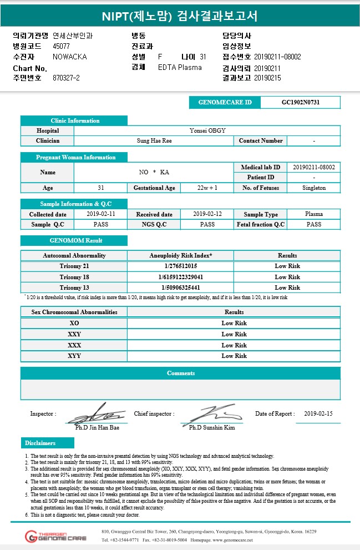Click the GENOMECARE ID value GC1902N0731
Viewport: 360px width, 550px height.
(x=300, y=103)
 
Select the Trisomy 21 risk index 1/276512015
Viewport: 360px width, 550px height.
(x=180, y=266)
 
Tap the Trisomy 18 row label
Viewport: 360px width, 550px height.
(x=74, y=277)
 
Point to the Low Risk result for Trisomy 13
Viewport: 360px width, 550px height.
(x=287, y=287)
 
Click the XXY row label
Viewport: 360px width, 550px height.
(x=74, y=334)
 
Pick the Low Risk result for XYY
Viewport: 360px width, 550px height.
(x=234, y=356)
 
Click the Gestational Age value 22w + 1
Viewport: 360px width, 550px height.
(x=207, y=188)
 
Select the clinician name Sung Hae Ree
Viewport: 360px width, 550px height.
(x=154, y=141)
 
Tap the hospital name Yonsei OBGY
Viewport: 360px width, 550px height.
(x=207, y=130)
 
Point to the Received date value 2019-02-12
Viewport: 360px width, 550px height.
(x=207, y=214)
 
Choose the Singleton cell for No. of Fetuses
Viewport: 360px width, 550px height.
(x=314, y=188)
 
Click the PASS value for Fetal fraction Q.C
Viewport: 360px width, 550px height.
(x=314, y=224)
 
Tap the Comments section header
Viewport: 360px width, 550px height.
(x=181, y=373)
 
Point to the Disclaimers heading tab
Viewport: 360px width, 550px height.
(x=47, y=443)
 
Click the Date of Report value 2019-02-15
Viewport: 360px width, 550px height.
(x=319, y=414)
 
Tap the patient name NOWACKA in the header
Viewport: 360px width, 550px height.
(x=70, y=57)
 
